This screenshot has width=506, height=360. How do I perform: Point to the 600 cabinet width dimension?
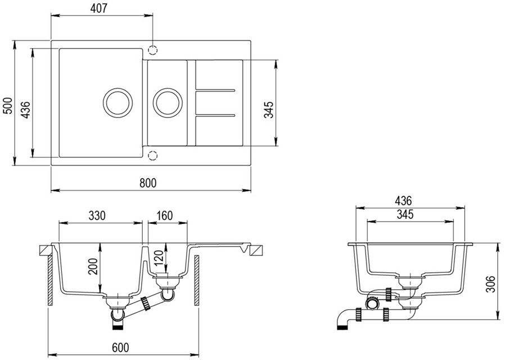(120, 348)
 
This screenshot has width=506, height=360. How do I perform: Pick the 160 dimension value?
(164, 215)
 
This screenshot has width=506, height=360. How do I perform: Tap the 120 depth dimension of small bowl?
(159, 259)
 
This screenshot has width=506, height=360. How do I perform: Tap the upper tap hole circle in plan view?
(153, 49)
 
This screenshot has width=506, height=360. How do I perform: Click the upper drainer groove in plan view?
(215, 89)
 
